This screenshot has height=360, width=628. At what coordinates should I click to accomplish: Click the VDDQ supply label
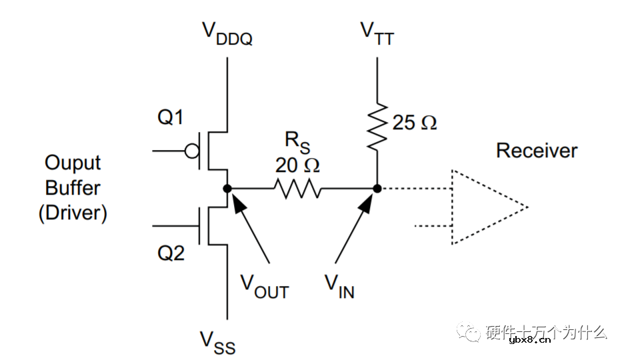coord(227,33)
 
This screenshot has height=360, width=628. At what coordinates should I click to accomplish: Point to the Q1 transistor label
coord(170,118)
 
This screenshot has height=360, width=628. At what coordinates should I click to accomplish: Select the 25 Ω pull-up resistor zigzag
coord(377,125)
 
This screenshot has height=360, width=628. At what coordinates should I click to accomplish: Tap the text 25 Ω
coord(415,123)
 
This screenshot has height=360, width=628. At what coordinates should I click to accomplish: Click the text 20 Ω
coord(297,165)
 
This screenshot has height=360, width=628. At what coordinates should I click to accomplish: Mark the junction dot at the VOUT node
coord(227,189)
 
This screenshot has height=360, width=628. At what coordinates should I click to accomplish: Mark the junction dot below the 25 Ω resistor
coord(377,189)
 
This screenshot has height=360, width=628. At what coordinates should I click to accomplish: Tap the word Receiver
coord(537,151)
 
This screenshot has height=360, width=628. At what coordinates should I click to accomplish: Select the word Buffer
coord(73,188)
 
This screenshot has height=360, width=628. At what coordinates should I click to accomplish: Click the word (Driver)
coord(73,213)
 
